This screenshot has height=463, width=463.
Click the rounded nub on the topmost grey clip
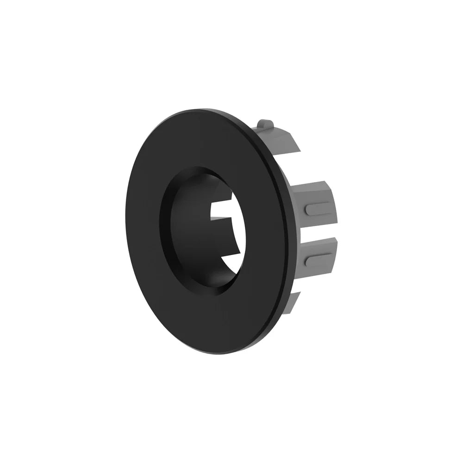tap(265, 124)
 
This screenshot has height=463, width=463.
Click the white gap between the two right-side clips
tap(319, 231)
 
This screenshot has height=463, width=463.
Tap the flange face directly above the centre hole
tap(204, 139)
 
